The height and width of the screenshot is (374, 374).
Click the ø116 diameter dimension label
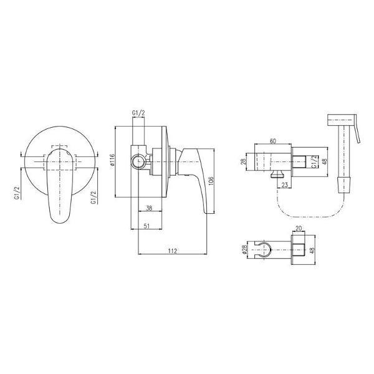point(112,161)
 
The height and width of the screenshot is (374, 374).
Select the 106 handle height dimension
point(211,181)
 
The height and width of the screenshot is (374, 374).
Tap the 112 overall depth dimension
point(173,251)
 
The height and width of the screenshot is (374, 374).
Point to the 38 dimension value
point(149,208)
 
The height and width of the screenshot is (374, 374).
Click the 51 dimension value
point(146,226)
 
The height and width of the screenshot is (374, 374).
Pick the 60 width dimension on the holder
point(273,141)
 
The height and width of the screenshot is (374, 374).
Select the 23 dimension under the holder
point(285,185)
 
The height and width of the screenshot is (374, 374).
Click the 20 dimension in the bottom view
point(299,229)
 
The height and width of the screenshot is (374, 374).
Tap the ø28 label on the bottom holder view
point(244,249)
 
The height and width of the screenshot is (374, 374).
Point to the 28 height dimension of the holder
point(243,162)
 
